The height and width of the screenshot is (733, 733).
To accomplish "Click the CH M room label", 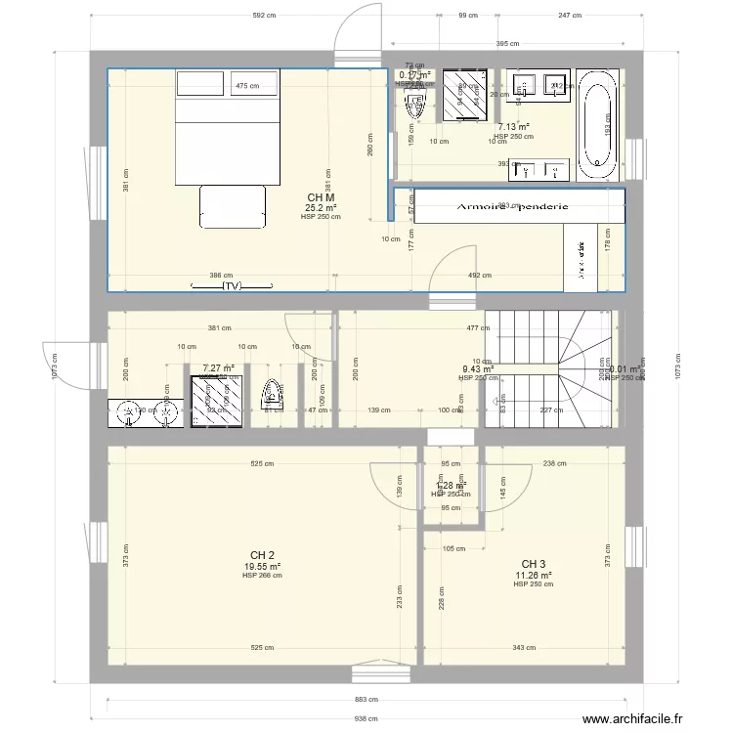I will click(x=321, y=196).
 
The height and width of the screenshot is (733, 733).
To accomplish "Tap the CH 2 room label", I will click(x=262, y=554).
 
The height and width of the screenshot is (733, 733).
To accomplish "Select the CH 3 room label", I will click(x=534, y=564).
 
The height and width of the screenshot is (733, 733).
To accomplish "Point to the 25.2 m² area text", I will click(x=321, y=207).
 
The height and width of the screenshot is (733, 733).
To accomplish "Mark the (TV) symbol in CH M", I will click(x=231, y=287).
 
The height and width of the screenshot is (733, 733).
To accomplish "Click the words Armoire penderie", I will click(x=514, y=207).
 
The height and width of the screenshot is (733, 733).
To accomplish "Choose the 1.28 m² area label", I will click(x=450, y=485).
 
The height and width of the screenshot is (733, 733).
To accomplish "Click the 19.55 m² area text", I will click(x=262, y=566).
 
